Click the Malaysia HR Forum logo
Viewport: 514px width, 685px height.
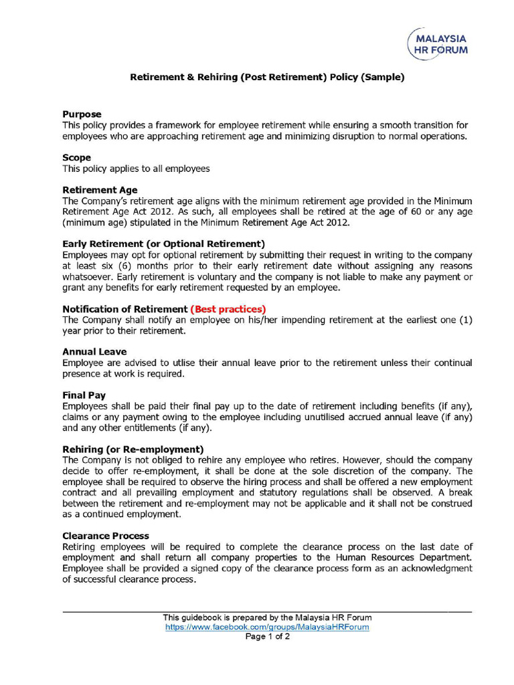(438, 43)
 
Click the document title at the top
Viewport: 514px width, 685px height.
(266, 77)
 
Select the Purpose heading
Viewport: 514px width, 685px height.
(81, 114)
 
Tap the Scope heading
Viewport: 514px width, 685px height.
(76, 158)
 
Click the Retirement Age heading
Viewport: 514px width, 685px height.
(100, 190)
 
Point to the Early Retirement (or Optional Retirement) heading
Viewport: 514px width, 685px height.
(163, 243)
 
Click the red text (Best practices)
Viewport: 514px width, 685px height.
(228, 309)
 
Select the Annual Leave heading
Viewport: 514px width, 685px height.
(94, 351)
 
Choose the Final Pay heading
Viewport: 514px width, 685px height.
(84, 395)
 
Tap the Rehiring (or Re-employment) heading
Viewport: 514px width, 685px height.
(133, 449)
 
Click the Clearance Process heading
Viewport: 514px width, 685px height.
(106, 536)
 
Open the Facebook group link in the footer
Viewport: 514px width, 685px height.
(267, 627)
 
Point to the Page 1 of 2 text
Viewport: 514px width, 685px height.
(267, 637)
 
